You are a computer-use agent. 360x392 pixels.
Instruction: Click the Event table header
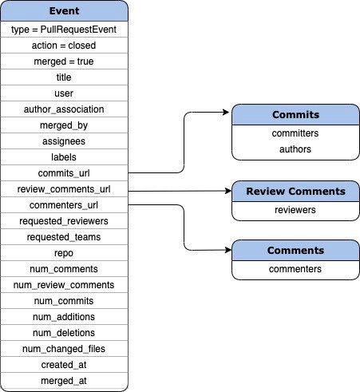(x=64, y=12)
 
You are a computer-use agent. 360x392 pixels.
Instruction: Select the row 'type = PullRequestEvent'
(x=64, y=30)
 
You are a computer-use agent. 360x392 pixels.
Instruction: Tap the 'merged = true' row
(x=64, y=61)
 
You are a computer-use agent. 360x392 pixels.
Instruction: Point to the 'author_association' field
(x=64, y=109)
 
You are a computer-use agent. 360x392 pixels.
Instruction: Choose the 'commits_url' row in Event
(x=64, y=173)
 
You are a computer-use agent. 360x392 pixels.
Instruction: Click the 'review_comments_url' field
(x=64, y=189)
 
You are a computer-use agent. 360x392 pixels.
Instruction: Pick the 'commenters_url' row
(x=64, y=205)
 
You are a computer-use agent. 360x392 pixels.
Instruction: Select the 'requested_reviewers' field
(x=64, y=221)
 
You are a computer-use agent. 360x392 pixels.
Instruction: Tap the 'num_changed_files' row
(x=64, y=349)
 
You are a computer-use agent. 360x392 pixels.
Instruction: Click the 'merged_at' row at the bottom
(x=64, y=381)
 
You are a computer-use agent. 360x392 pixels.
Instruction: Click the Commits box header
(x=295, y=114)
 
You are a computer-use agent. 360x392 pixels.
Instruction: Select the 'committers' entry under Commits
(x=295, y=133)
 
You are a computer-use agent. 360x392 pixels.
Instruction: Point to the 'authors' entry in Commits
(x=295, y=148)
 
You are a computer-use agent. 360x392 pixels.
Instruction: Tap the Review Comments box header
(x=295, y=192)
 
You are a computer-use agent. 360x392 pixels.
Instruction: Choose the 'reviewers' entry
(x=295, y=210)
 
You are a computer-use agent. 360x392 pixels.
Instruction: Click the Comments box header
(x=295, y=251)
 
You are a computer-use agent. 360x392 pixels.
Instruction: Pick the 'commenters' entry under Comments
(x=295, y=269)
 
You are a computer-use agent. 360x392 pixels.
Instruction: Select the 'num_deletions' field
(x=64, y=333)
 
